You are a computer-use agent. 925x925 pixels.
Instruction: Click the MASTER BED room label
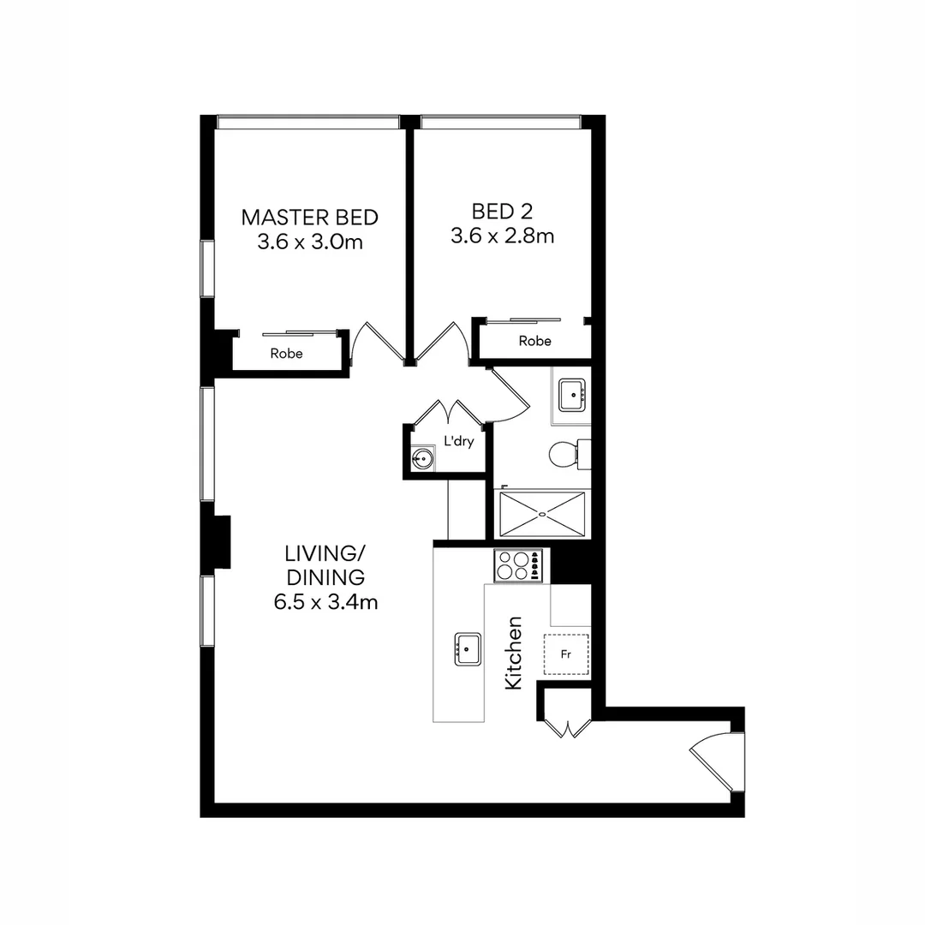point(309,217)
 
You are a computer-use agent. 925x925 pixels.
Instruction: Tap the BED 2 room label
point(502,211)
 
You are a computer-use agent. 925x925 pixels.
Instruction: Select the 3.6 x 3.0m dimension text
point(309,242)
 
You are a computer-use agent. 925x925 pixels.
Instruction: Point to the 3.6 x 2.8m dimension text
point(502,236)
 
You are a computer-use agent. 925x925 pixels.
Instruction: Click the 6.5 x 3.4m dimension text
point(325,602)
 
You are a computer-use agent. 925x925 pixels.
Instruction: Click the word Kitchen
point(514,653)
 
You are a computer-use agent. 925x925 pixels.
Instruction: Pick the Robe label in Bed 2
point(535,341)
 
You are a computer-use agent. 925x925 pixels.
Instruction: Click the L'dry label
point(458,442)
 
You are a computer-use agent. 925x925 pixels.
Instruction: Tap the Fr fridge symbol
point(566,655)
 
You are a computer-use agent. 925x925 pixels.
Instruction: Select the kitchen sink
point(468,649)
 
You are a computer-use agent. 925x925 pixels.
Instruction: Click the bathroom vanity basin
point(571,395)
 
